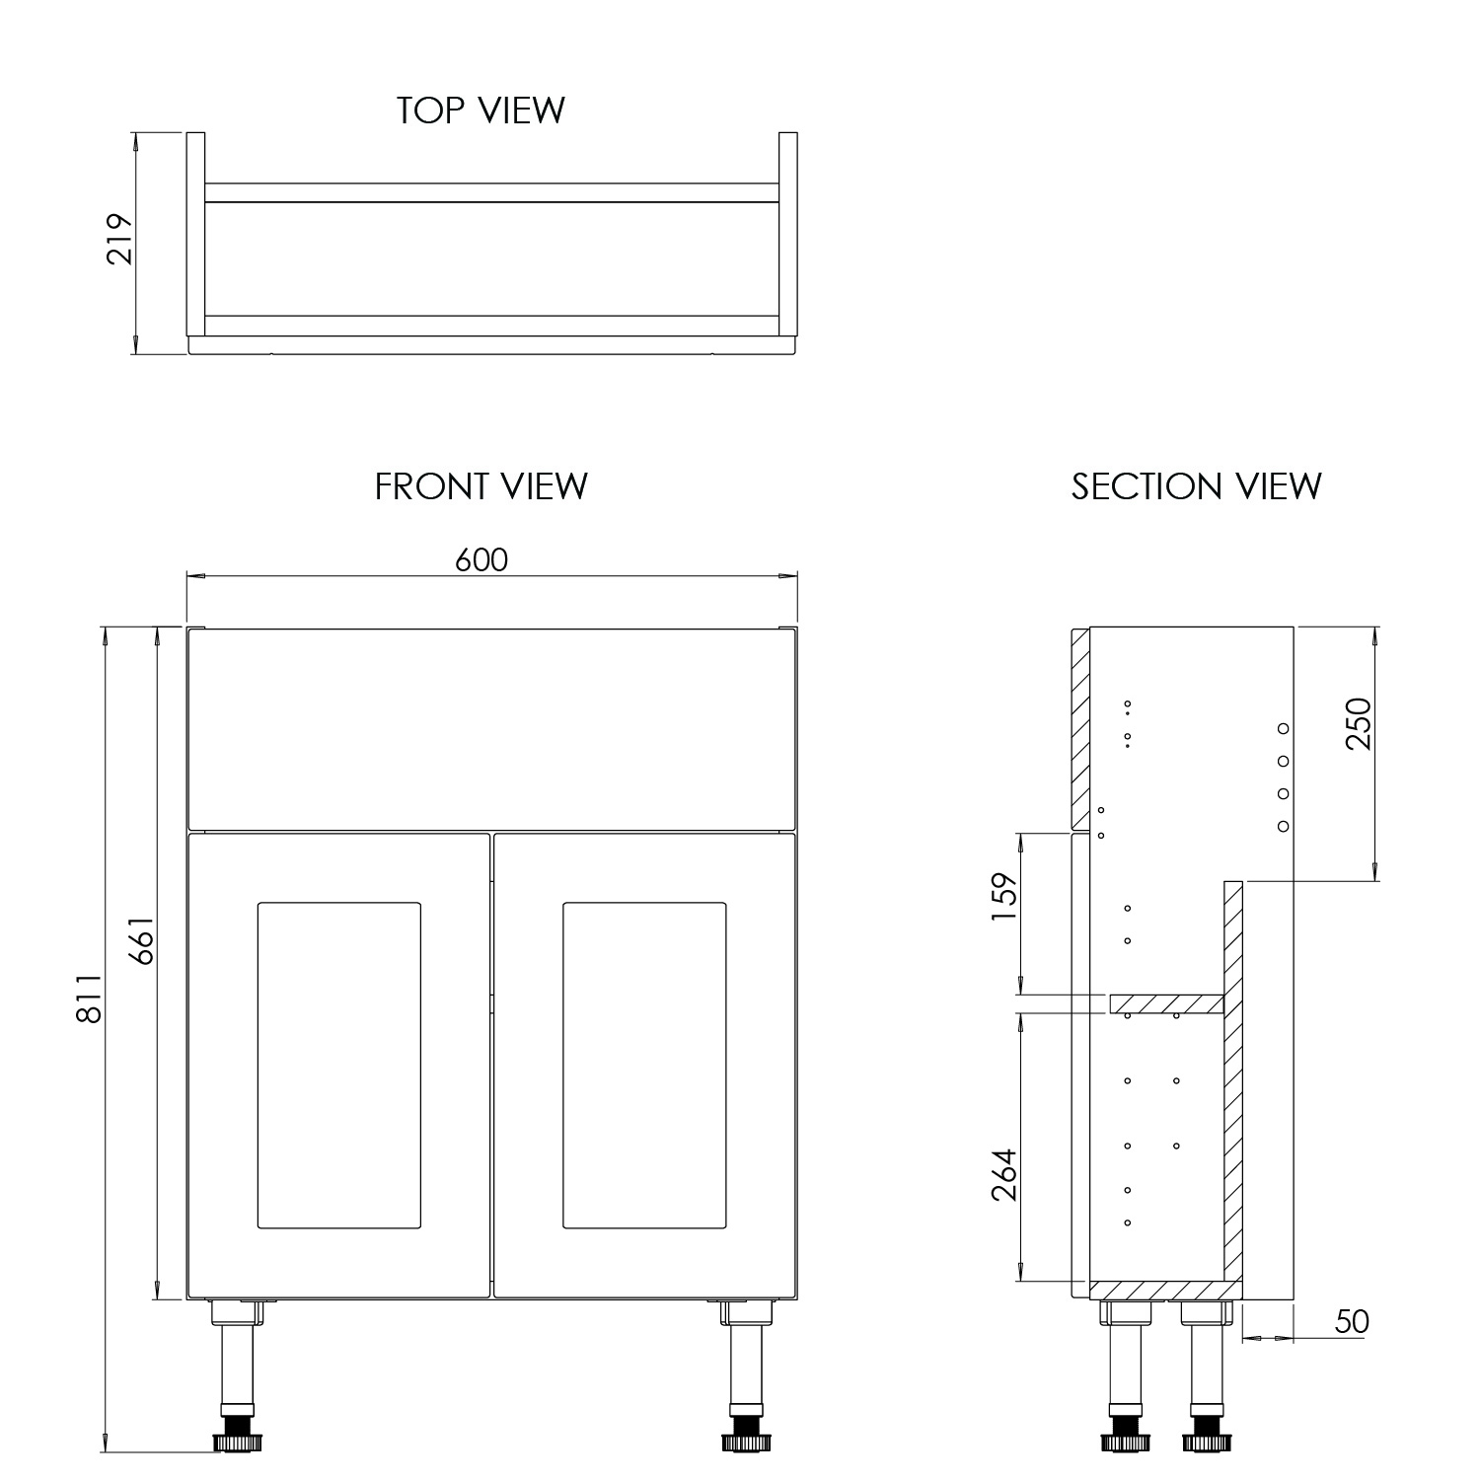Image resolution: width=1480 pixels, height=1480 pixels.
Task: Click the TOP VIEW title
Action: (481, 111)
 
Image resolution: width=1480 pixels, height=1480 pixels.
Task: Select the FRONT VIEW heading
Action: (481, 486)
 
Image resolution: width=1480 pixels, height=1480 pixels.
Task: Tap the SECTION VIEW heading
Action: (1196, 486)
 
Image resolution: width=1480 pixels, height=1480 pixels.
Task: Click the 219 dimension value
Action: (119, 239)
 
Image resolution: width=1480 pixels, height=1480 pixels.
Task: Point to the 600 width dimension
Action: (481, 559)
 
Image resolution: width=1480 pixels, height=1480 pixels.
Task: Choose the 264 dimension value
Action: (1003, 1174)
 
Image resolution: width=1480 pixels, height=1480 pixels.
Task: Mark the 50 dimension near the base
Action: (1351, 1321)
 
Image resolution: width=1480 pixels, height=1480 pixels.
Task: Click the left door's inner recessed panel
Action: (338, 1065)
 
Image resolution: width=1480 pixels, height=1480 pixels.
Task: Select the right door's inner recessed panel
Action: (644, 1065)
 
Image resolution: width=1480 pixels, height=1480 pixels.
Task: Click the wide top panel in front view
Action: (490, 729)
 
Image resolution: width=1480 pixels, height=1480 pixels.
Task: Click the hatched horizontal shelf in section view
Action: (1166, 1003)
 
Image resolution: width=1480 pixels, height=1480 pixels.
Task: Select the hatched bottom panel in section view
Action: (1164, 1290)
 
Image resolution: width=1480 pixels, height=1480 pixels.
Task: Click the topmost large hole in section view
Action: (1283, 728)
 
